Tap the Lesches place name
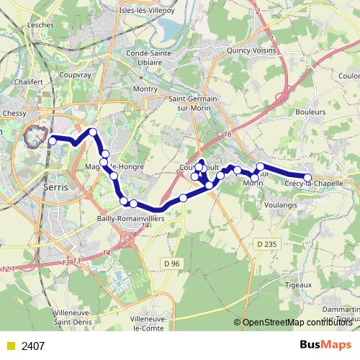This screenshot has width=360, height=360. [40, 24]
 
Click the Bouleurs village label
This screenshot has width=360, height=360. [310, 112]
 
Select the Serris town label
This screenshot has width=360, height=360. [55, 186]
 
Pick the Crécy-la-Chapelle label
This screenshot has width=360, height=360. [313, 184]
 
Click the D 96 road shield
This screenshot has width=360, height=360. [172, 264]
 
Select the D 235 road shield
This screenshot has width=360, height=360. [266, 244]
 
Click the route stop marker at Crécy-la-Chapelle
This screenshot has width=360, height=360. [307, 177]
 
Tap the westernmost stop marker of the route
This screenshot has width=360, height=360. [52, 141]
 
